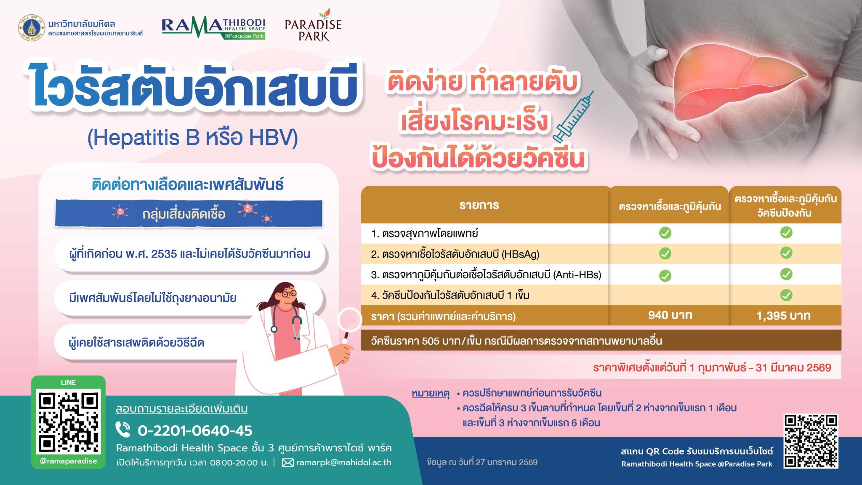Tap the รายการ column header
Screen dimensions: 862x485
point(479,205)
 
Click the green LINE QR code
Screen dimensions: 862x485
point(68,421)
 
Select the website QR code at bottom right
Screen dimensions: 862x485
point(811,441)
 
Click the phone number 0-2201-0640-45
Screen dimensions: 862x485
point(195,431)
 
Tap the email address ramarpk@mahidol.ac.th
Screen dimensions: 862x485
point(343,462)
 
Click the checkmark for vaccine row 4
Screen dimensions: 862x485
point(786,295)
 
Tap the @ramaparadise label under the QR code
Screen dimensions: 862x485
point(68,461)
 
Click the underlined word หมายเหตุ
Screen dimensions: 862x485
point(431,394)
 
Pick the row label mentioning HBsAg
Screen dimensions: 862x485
point(455,254)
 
